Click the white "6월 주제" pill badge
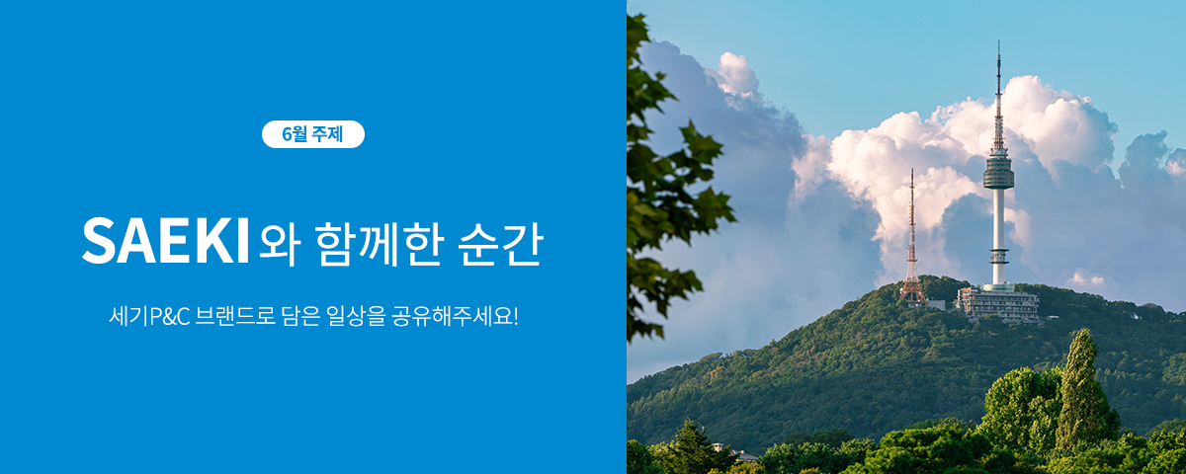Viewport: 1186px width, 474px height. [x=313, y=134]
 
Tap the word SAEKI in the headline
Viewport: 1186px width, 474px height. [x=166, y=241]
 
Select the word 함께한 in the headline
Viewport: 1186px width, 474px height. [x=378, y=243]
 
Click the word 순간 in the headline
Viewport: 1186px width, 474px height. [x=500, y=243]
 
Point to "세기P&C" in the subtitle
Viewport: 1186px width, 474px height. [x=149, y=316]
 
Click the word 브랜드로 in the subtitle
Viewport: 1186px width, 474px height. [x=235, y=316]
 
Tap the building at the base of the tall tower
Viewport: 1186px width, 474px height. [x=996, y=304]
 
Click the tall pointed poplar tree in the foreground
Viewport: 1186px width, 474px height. [x=1080, y=390]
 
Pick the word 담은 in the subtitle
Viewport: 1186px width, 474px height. [x=300, y=316]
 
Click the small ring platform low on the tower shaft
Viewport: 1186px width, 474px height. [x=998, y=257]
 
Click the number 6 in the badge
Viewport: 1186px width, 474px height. [x=287, y=134]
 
